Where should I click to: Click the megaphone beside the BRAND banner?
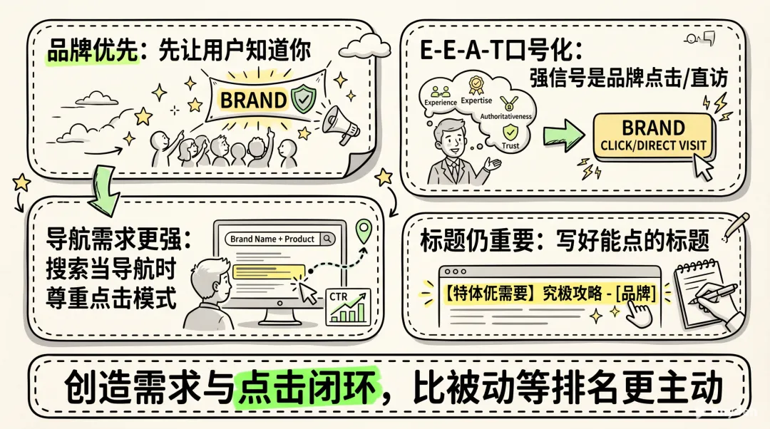(x=339, y=123)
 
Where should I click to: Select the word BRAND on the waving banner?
(x=253, y=100)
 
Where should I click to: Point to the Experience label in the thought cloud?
(x=440, y=102)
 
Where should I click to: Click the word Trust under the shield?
(x=510, y=145)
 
